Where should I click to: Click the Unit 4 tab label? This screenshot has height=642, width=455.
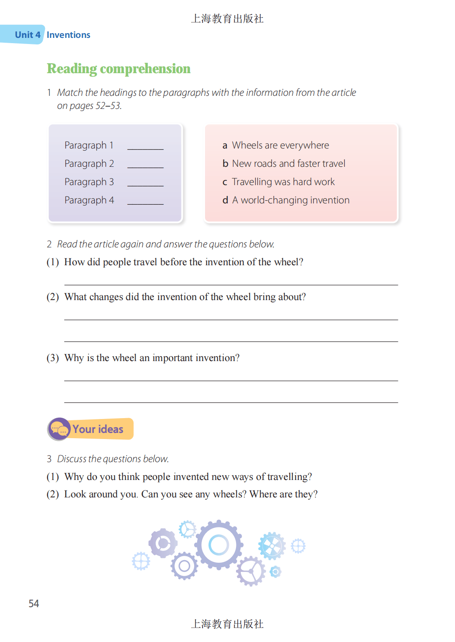(27, 35)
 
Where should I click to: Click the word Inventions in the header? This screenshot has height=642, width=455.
(68, 35)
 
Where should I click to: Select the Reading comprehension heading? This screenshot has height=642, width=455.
(119, 69)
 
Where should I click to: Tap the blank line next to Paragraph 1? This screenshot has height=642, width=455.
(145, 148)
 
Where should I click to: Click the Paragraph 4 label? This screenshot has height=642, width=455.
(89, 200)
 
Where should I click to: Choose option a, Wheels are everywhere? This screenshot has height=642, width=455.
(280, 145)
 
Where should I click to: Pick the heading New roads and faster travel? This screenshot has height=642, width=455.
(288, 164)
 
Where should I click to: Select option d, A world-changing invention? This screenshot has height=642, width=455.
(291, 200)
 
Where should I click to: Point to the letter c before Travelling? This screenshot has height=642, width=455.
(225, 182)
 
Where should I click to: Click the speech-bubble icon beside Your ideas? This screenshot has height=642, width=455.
(59, 429)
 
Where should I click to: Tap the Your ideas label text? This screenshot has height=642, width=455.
(98, 429)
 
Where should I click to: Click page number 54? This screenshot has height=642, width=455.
(34, 604)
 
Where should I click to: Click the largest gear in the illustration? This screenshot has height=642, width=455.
(219, 544)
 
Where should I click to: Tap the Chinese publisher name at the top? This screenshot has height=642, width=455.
(227, 19)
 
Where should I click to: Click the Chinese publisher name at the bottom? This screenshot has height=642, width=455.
(227, 624)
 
